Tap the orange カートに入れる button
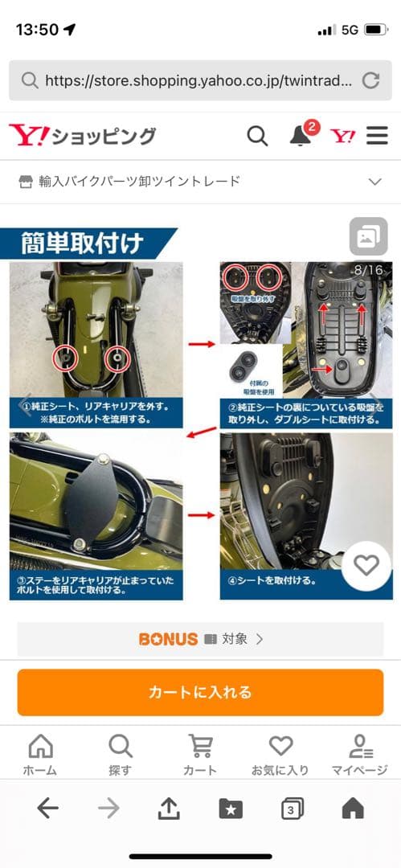(199, 692)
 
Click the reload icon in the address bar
(370, 80)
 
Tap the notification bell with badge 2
(301, 135)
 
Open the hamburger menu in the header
(377, 136)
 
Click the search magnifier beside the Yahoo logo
(257, 136)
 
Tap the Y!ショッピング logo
(82, 136)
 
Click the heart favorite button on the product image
(366, 566)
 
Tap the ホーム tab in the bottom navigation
(40, 755)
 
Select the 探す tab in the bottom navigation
(120, 755)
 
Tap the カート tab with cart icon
(200, 755)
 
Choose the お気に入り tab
(280, 755)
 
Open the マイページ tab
(359, 755)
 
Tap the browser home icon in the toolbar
(352, 809)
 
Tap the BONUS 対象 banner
(200, 640)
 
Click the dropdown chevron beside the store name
(374, 182)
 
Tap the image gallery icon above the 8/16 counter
(368, 237)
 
